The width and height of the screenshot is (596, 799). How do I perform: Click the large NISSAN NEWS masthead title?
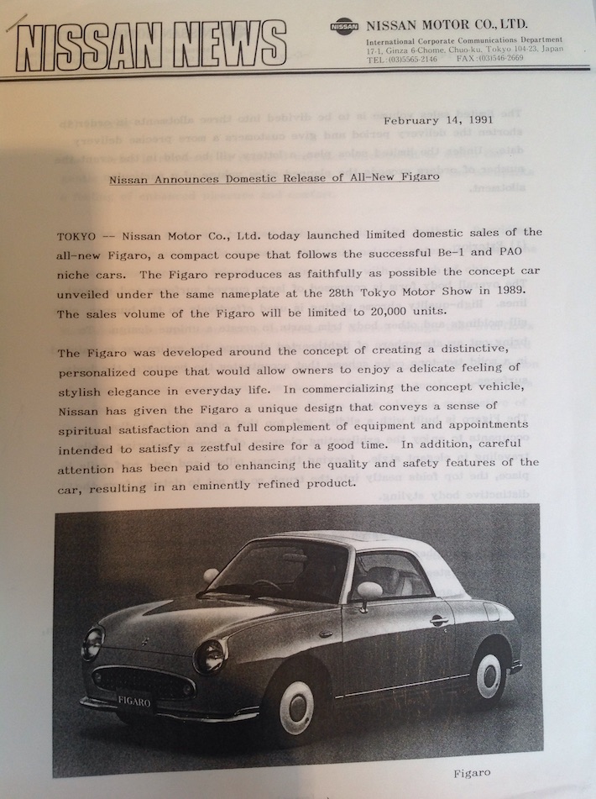[x=151, y=44]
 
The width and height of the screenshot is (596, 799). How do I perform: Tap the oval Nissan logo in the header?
[x=344, y=26]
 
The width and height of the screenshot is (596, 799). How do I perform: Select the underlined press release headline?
[x=274, y=178]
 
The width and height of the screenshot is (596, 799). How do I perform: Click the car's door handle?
[x=438, y=620]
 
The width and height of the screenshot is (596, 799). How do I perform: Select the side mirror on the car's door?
[x=368, y=591]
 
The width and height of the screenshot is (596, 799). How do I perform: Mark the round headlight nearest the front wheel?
[x=210, y=655]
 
